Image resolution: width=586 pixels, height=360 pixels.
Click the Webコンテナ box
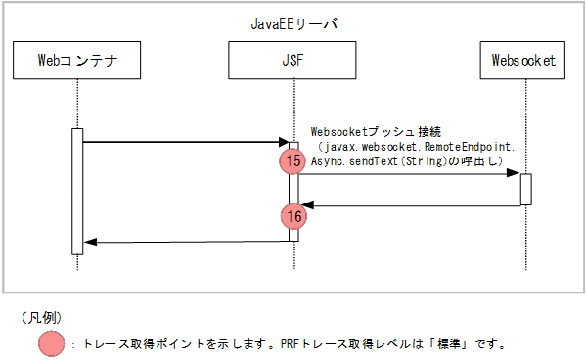[x=77, y=60]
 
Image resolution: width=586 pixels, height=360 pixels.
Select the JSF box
[x=293, y=60]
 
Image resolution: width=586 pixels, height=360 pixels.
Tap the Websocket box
[x=524, y=60]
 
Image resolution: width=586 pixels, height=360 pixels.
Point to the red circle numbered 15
[x=293, y=161]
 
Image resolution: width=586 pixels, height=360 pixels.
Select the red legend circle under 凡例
[x=51, y=343]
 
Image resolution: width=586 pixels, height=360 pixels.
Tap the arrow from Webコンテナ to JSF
[x=186, y=143]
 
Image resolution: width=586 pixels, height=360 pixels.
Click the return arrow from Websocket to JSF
[x=411, y=205]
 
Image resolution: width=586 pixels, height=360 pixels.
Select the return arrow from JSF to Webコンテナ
[x=186, y=242]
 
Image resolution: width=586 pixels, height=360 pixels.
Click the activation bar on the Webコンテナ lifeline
[x=77, y=191]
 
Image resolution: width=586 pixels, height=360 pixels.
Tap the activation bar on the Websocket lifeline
[x=525, y=189]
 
